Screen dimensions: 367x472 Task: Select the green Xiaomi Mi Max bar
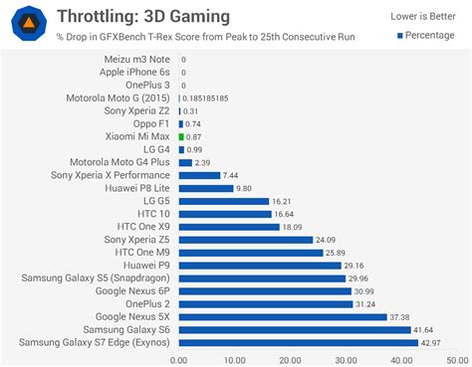[181, 136]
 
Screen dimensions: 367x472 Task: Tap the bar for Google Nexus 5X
[283, 316]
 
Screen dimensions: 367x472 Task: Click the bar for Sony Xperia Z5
[245, 240]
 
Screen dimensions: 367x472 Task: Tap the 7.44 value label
[232, 175]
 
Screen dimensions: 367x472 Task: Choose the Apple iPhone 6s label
[135, 73]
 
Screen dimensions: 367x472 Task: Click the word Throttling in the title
[97, 16]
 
